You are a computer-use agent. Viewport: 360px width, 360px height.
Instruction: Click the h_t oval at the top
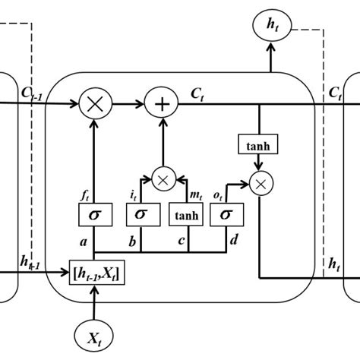click(x=272, y=27)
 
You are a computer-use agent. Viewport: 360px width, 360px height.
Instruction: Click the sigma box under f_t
click(x=93, y=216)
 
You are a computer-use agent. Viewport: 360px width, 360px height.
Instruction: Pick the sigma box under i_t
click(x=141, y=216)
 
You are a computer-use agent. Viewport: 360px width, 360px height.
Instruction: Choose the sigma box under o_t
click(x=226, y=216)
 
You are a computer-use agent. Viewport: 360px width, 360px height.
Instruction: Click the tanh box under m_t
click(x=186, y=216)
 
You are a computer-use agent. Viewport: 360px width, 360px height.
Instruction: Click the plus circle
click(x=162, y=105)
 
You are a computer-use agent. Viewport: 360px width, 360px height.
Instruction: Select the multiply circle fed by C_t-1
click(x=94, y=105)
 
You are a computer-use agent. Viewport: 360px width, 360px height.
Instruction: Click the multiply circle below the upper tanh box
click(x=261, y=184)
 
